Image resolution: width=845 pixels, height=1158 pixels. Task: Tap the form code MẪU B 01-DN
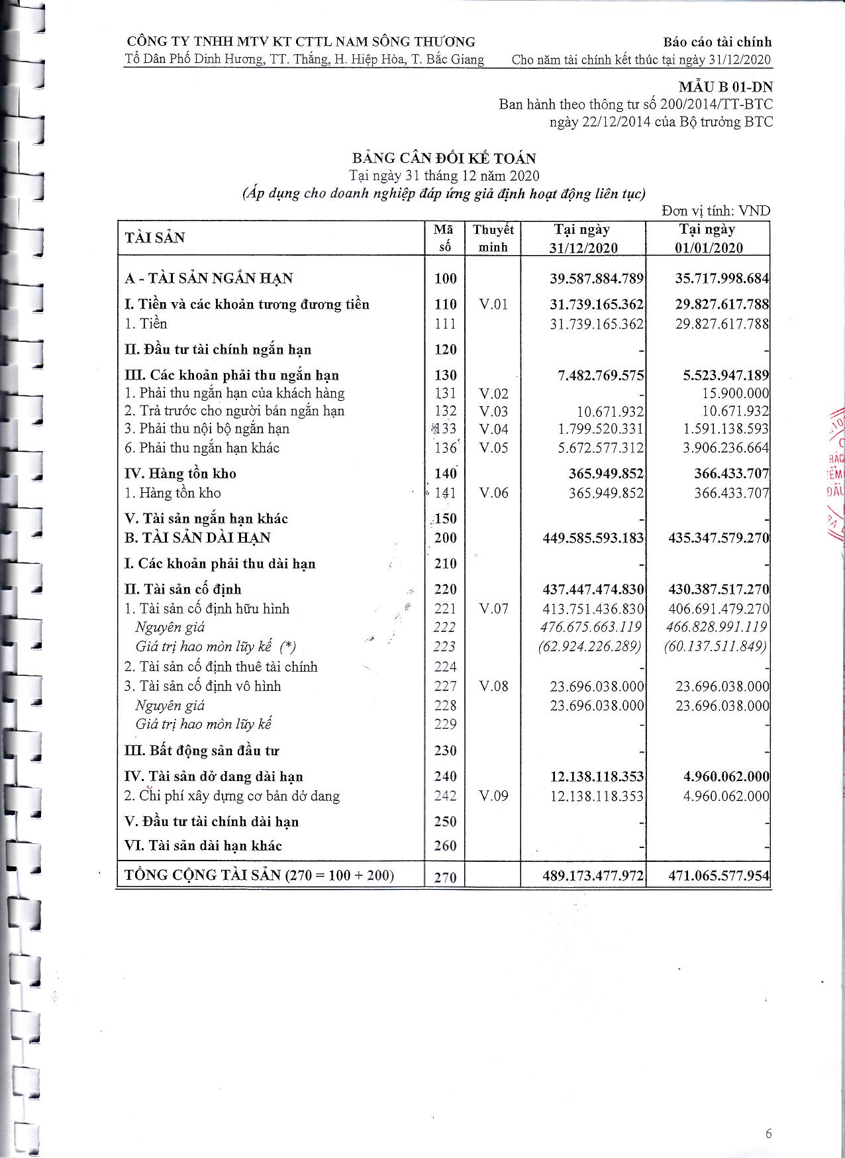pyautogui.click(x=725, y=87)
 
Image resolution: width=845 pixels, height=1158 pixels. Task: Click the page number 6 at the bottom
pyautogui.click(x=768, y=1133)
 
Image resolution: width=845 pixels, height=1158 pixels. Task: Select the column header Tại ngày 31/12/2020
pyautogui.click(x=583, y=238)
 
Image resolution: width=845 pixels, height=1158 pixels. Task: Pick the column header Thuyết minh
pyautogui.click(x=493, y=238)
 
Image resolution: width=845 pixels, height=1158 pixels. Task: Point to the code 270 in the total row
pyautogui.click(x=446, y=877)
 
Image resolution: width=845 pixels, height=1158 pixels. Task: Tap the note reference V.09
pyautogui.click(x=493, y=796)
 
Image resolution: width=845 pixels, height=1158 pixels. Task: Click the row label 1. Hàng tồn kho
pyautogui.click(x=173, y=493)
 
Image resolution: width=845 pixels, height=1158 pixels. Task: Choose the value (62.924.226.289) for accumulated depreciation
pyautogui.click(x=591, y=646)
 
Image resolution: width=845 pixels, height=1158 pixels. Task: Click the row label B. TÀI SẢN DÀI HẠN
pyautogui.click(x=197, y=538)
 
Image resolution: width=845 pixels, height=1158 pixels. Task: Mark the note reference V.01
pyautogui.click(x=493, y=305)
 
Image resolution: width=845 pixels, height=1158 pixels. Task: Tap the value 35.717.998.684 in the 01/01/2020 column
pyautogui.click(x=722, y=278)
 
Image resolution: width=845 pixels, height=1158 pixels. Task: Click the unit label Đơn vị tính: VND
pyautogui.click(x=716, y=211)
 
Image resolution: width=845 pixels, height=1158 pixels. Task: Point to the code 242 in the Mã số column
pyautogui.click(x=446, y=796)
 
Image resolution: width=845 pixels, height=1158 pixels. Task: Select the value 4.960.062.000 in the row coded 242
pyautogui.click(x=726, y=796)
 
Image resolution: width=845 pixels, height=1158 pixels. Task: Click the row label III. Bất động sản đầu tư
pyautogui.click(x=202, y=751)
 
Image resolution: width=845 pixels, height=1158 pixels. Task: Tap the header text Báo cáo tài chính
pyautogui.click(x=718, y=42)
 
